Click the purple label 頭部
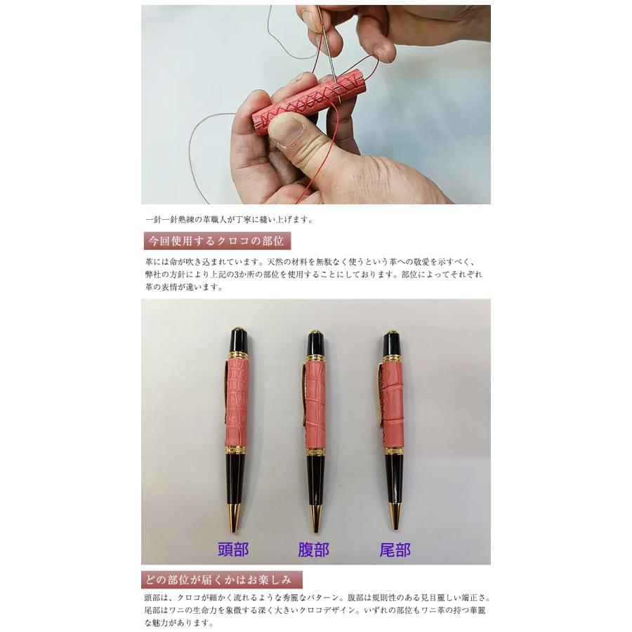(x=233, y=549)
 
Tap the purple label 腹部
(x=314, y=549)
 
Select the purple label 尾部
(x=395, y=549)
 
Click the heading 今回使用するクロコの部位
(x=216, y=242)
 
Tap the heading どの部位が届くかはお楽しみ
(x=222, y=580)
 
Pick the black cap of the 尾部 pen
(x=392, y=344)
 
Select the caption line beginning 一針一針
(x=228, y=219)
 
